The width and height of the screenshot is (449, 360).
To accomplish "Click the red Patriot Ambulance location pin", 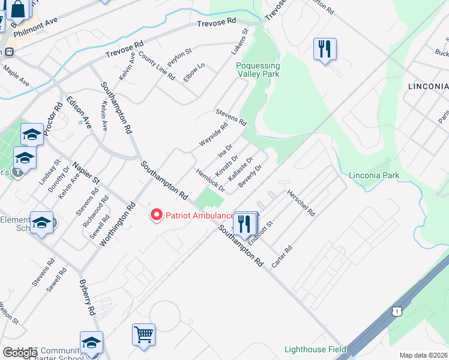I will [x=157, y=215].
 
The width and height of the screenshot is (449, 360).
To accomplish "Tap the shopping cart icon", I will [x=143, y=335].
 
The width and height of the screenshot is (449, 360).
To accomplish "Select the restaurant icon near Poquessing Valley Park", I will [x=325, y=49].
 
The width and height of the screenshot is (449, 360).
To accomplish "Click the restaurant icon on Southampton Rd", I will [x=244, y=224].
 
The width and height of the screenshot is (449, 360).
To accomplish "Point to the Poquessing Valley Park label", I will [x=258, y=70].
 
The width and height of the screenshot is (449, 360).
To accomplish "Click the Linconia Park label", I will [x=374, y=176].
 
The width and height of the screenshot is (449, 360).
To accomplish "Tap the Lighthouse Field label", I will [x=315, y=349].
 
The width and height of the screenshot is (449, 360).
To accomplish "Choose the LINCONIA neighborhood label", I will [x=427, y=86].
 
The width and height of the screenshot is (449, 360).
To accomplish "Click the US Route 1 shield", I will [x=396, y=311].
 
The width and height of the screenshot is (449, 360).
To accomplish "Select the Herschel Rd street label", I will [x=301, y=203].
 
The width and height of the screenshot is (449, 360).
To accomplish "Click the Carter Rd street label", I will [x=282, y=257].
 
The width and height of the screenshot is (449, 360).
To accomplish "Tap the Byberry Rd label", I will [x=88, y=297].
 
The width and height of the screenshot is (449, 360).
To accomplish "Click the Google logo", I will [x=19, y=353].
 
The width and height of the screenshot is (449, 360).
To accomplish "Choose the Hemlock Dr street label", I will [x=210, y=180].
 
